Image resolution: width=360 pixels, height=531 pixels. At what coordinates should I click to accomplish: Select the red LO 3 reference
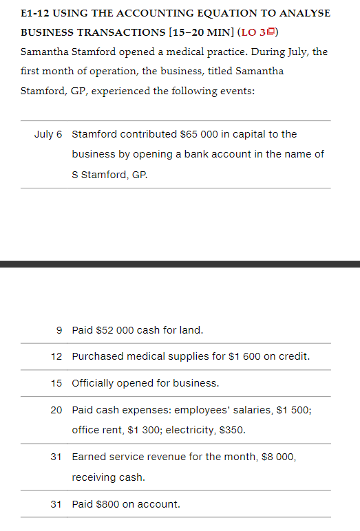pyautogui.click(x=255, y=33)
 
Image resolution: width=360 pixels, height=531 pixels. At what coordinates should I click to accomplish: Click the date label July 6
pyautogui.click(x=48, y=134)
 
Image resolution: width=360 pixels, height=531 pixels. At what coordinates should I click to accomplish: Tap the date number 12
pyautogui.click(x=57, y=356)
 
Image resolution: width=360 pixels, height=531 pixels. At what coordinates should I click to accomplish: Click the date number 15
pyautogui.click(x=57, y=383)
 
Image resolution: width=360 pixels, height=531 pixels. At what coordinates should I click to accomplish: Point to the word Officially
pyautogui.click(x=96, y=383)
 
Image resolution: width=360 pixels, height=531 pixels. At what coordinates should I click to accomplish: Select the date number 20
pyautogui.click(x=57, y=410)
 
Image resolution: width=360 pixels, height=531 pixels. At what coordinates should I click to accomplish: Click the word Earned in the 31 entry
pyautogui.click(x=89, y=456)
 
